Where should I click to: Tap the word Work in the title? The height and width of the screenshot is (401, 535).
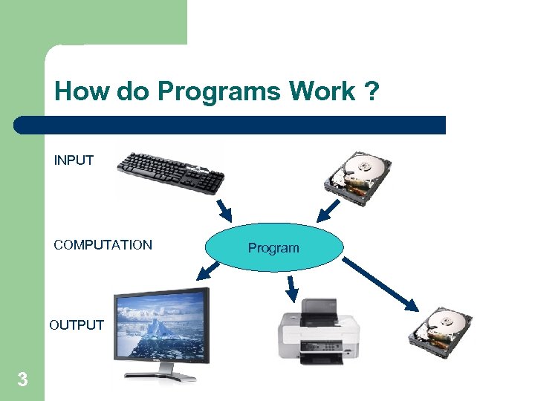click(322, 92)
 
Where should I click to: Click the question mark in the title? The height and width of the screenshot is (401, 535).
click(371, 92)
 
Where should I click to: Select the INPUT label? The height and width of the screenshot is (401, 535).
click(74, 160)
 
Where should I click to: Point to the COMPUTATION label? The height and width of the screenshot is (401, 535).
click(103, 245)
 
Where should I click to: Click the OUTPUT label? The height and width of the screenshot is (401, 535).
click(77, 325)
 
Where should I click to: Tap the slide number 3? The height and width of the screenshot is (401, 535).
click(22, 380)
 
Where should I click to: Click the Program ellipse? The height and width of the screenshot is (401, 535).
click(273, 247)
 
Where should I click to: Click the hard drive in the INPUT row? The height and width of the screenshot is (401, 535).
click(360, 175)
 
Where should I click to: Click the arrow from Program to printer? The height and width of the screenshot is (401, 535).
click(293, 285)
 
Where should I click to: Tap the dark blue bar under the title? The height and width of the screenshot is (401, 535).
click(230, 125)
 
